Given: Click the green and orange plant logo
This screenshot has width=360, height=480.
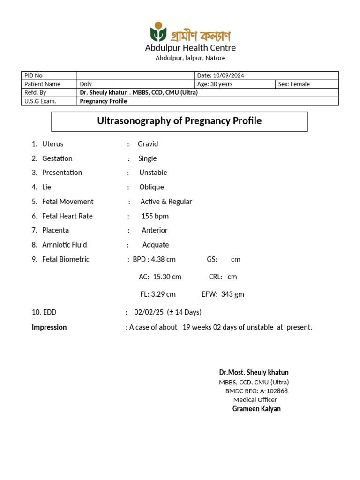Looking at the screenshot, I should [158, 32].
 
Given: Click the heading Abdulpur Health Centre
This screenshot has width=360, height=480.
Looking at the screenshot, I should [190, 48].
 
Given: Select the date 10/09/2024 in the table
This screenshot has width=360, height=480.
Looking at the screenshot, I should [228, 75].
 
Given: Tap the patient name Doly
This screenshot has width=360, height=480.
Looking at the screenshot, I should [86, 84].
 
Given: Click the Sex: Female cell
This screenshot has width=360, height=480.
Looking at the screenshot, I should [294, 84].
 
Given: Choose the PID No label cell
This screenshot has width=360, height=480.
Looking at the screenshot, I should [33, 75].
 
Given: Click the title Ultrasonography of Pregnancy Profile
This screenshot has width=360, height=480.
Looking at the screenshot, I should [179, 121].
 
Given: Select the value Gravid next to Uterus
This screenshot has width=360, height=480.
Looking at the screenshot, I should [148, 144].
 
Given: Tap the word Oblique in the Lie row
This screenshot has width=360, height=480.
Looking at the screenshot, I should [151, 187].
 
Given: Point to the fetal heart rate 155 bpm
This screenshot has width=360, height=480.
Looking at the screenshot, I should [155, 216].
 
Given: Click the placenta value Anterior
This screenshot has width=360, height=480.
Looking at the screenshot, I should [155, 230].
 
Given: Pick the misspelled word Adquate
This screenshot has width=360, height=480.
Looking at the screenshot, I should [156, 245].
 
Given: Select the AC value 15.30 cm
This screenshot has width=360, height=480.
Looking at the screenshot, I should [167, 277].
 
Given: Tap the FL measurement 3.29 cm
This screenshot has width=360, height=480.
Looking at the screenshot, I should [163, 294].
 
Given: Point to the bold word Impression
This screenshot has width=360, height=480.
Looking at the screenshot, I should [49, 327].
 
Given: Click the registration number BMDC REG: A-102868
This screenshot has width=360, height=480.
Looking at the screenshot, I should [256, 391].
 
